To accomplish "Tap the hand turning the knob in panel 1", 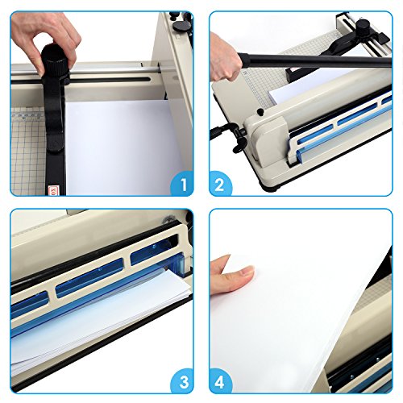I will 48,32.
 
